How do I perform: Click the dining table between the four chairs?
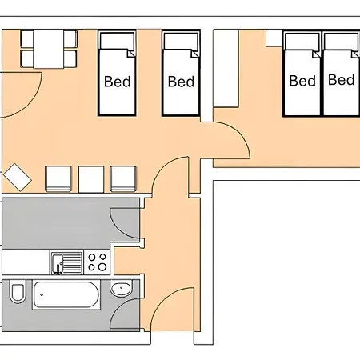tap(49, 49)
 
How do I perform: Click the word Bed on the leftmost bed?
tap(118, 82)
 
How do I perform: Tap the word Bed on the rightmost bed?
tap(342, 80)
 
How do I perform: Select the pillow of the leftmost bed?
tap(117, 41)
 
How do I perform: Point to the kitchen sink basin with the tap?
tap(58, 264)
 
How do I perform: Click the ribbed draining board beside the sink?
tap(73, 262)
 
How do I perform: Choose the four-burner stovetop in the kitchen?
tap(97, 262)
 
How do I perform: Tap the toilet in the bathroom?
tap(18, 292)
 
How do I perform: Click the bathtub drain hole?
tap(42, 294)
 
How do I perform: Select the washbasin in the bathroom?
tap(121, 289)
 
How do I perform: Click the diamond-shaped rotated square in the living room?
tap(18, 178)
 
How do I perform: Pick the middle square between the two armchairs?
tap(91, 179)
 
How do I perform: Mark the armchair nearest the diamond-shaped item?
tap(58, 178)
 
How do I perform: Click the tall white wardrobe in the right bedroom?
tap(226, 69)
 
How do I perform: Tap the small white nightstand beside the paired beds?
tap(274, 38)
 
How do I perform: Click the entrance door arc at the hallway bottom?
tap(163, 298)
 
